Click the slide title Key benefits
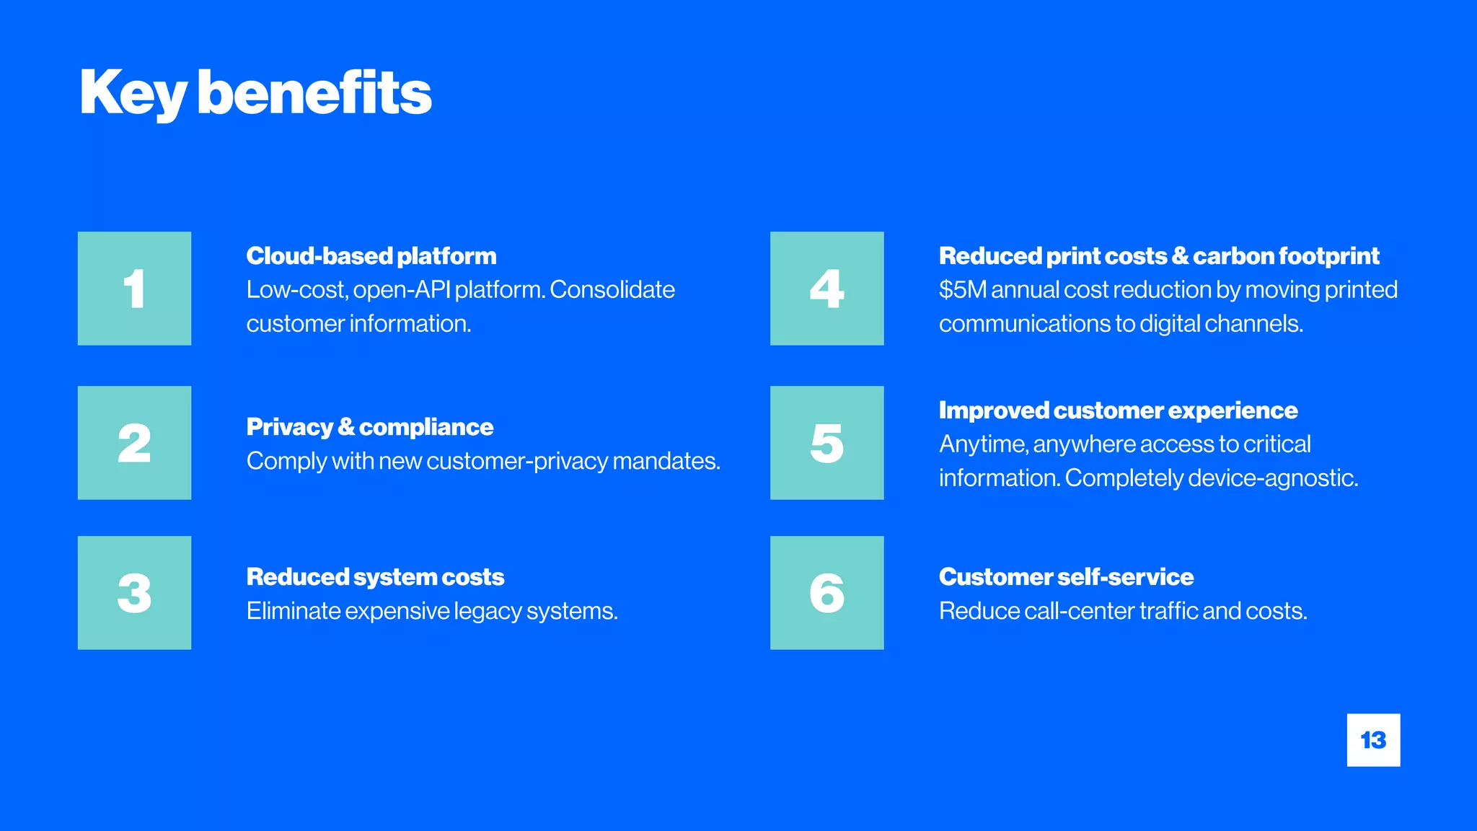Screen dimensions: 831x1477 (255, 93)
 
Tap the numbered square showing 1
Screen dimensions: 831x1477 (134, 289)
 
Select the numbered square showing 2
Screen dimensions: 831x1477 (134, 443)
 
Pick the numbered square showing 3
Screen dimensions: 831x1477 (134, 593)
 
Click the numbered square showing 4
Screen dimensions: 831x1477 (826, 289)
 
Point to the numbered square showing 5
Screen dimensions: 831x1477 (826, 443)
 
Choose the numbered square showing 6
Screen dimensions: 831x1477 (826, 593)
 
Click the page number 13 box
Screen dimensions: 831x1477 (1373, 740)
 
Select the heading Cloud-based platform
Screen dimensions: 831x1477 (371, 256)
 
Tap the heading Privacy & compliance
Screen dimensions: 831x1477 (369, 427)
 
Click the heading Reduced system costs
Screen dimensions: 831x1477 (375, 577)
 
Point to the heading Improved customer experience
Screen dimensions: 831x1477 (1118, 410)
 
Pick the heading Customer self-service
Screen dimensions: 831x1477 (1066, 577)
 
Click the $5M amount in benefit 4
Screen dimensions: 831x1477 (962, 290)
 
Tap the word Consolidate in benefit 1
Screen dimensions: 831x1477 (612, 290)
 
